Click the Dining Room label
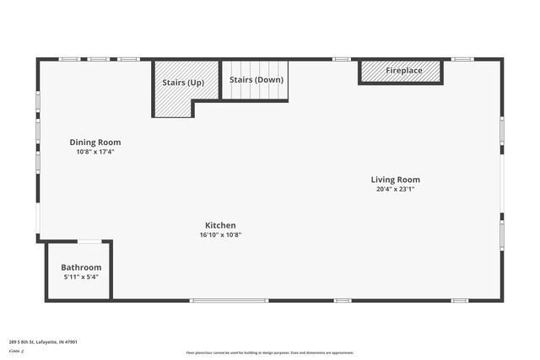click(94, 142)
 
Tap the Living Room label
click(395, 180)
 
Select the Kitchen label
click(220, 225)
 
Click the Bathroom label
click(81, 267)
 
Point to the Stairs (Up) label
click(183, 83)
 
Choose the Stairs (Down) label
click(256, 80)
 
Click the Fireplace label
click(404, 71)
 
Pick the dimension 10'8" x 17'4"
click(94, 153)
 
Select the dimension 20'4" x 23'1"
click(395, 190)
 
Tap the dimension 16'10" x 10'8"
click(220, 235)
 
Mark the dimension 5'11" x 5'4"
click(81, 277)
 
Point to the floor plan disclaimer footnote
click(270, 352)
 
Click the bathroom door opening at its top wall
click(89, 242)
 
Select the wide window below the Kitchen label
click(229, 300)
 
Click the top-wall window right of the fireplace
click(462, 59)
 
